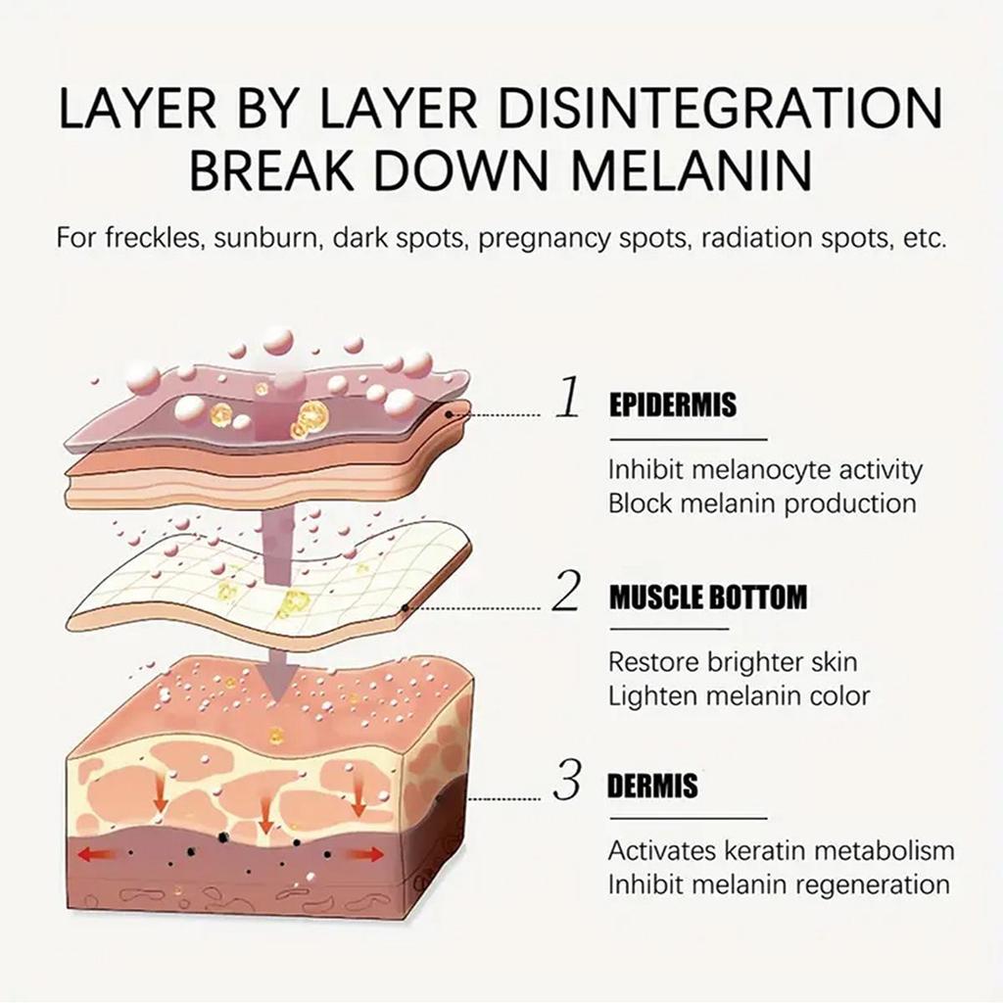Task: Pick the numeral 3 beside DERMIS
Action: pos(567,784)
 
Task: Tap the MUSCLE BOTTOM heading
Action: pos(708,597)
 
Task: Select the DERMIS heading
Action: pos(652,786)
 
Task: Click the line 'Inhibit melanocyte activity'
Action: pos(765,470)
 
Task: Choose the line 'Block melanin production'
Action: pos(762,503)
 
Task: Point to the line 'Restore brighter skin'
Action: pos(733,661)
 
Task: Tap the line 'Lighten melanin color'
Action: pos(739,695)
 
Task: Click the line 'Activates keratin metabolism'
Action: pos(781,849)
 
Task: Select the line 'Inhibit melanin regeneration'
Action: pos(779,884)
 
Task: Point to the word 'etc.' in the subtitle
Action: pos(925,239)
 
